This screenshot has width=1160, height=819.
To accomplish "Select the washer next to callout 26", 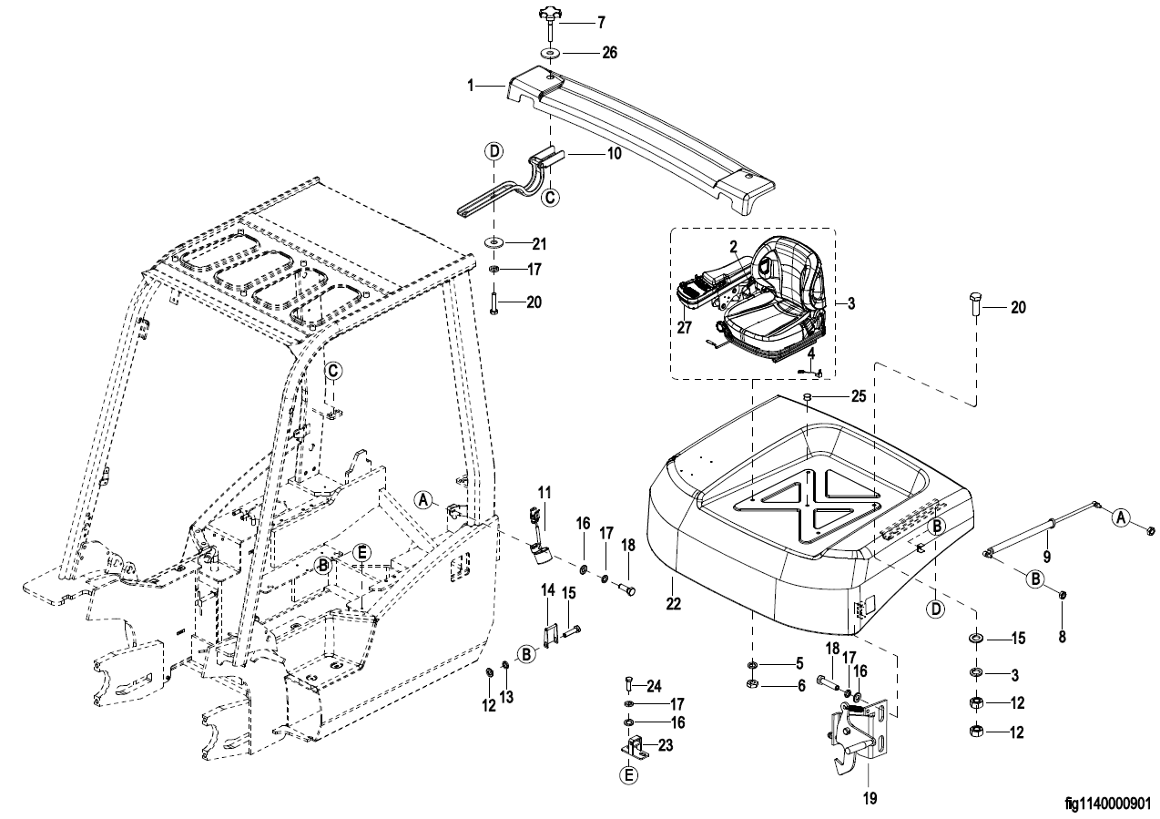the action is [548, 53].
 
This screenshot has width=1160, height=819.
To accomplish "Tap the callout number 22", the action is [673, 603].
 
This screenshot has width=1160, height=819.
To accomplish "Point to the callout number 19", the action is [870, 798].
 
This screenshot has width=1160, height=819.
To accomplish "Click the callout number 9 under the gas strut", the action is [1046, 557].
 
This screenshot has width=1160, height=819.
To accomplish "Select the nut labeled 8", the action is [1062, 594].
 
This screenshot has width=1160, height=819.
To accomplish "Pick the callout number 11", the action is [544, 492].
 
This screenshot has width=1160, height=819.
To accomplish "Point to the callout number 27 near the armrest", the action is [685, 327].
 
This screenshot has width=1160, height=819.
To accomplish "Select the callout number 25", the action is [859, 396].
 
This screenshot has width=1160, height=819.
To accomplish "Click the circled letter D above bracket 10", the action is [494, 151].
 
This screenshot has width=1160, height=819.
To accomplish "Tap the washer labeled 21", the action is [494, 242].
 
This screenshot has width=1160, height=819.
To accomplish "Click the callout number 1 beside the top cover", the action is [470, 86].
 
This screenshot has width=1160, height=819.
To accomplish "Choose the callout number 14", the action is [548, 590].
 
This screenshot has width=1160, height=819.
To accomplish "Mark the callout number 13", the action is [506, 697].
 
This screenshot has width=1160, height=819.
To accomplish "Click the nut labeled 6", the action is [753, 685].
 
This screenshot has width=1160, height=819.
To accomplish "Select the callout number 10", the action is [615, 154].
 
